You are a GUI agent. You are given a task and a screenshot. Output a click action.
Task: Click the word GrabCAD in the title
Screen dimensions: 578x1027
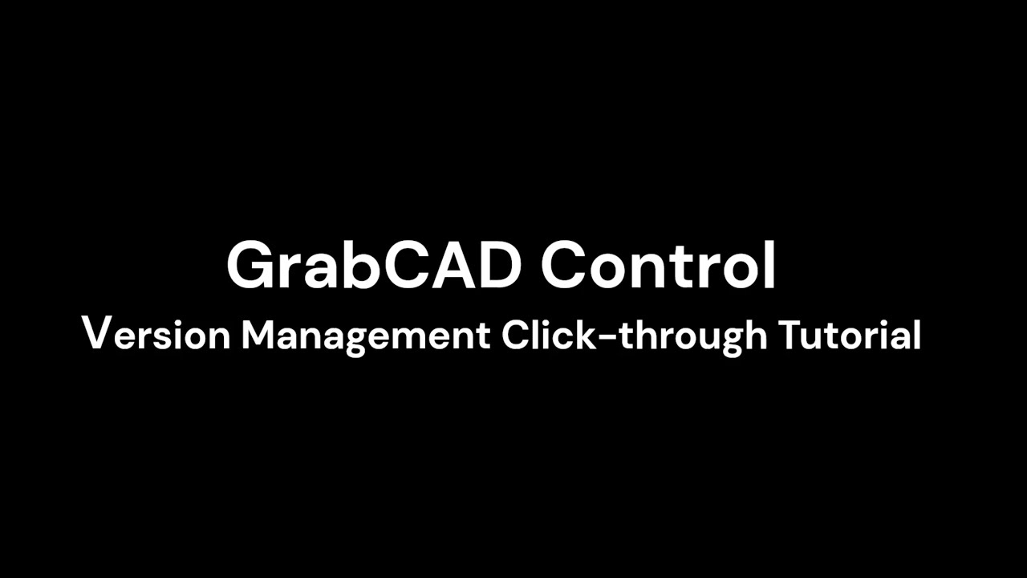tap(372, 266)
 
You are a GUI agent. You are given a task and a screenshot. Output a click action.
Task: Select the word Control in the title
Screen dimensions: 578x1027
tap(658, 266)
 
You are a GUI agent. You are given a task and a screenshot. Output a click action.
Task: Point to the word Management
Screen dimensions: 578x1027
tap(366, 335)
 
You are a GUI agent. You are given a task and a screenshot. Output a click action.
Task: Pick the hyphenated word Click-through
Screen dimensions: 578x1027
tap(634, 335)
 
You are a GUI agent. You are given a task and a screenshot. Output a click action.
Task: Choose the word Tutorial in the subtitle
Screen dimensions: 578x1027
tap(850, 334)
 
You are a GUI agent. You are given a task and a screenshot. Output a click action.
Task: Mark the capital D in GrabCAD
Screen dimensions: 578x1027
tap(499, 266)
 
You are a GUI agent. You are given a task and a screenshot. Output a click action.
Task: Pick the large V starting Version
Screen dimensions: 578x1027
tap(95, 332)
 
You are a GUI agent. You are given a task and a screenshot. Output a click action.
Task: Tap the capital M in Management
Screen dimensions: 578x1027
tap(259, 334)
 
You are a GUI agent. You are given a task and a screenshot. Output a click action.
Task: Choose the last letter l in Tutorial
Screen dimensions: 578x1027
tap(916, 333)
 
